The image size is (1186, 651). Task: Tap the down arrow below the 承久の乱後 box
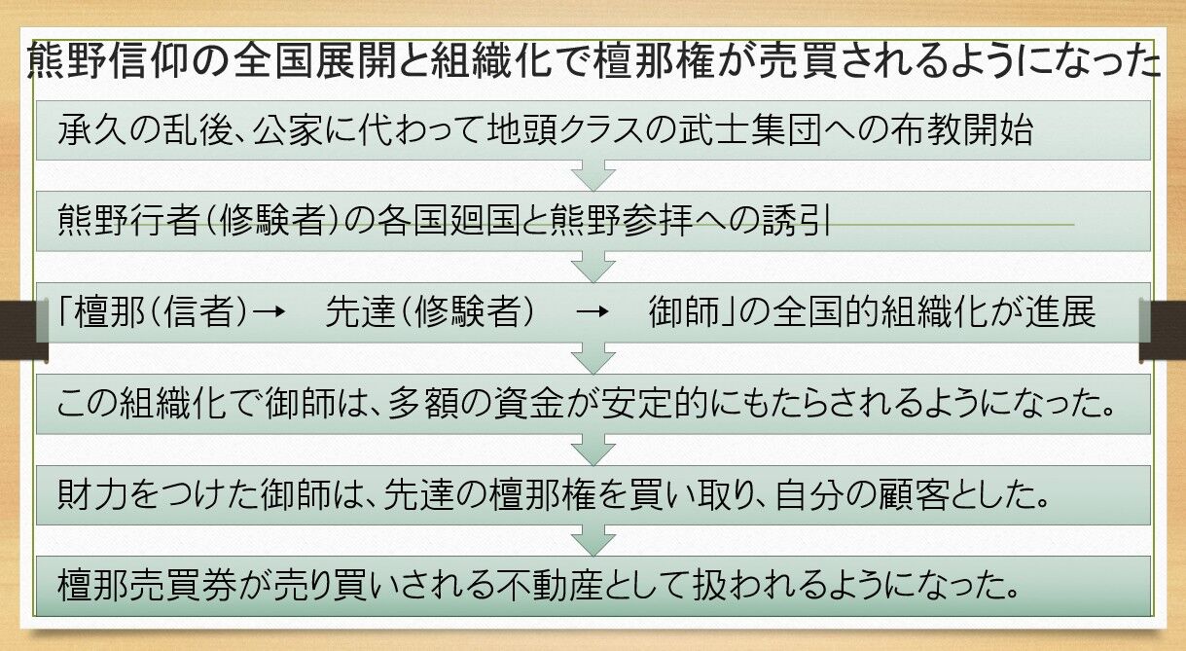593,175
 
